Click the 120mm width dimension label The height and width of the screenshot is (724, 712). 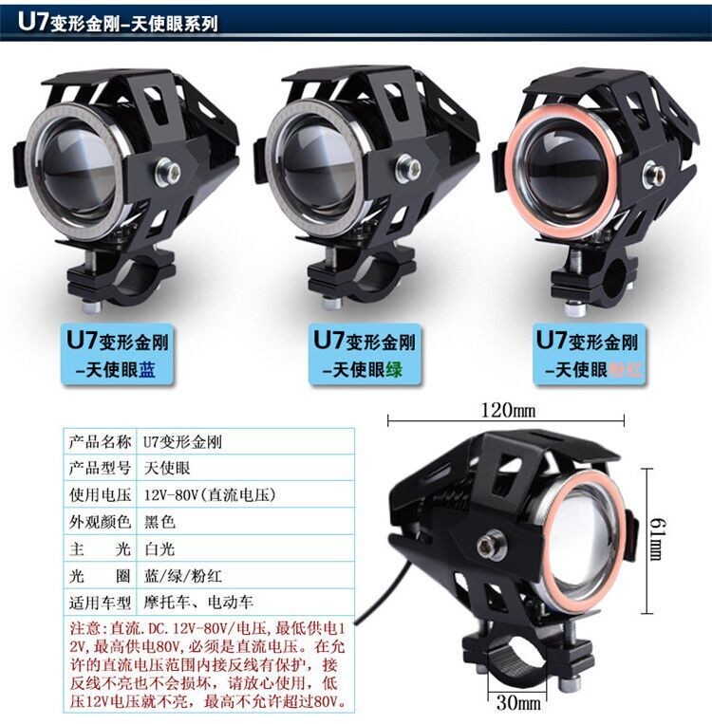tap(508, 410)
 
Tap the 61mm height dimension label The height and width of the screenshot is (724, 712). tap(657, 539)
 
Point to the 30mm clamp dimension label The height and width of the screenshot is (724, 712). tap(518, 702)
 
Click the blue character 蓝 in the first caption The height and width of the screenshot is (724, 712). tap(147, 369)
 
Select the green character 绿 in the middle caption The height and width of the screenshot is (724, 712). tap(394, 369)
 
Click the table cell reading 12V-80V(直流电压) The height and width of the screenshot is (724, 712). tap(210, 495)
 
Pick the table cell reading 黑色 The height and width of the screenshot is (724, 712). tap(159, 522)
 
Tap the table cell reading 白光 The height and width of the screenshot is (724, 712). tap(159, 549)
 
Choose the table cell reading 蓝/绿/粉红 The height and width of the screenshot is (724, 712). tap(183, 576)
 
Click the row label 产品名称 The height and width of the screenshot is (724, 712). tap(100, 442)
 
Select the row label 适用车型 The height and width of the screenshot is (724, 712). tap(100, 603)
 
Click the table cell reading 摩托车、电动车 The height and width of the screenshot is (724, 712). tap(198, 603)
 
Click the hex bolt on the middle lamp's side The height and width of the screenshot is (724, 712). tap(408, 168)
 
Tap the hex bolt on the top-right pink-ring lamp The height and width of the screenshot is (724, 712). tap(656, 174)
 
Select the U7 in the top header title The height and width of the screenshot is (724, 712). tap(33, 21)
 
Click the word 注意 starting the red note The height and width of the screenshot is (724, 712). tap(85, 628)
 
